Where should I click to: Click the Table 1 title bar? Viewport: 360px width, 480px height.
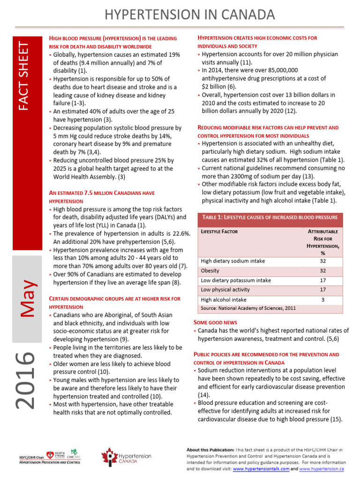pos(270,217)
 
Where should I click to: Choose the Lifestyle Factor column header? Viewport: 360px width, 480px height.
pos(219,232)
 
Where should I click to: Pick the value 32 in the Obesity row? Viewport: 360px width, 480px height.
pos(323,271)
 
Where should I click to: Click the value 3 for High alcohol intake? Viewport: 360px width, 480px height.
pos(323,300)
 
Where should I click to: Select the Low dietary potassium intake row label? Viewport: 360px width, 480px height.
pos(235,280)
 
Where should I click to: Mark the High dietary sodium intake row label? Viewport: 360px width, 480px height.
pos(232,261)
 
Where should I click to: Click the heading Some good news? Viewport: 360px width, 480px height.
pos(215,322)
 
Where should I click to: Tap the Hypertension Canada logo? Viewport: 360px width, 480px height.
pos(126,458)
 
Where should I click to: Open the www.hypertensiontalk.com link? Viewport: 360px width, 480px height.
pos(261,468)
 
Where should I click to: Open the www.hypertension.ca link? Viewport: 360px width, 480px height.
pos(321,468)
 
